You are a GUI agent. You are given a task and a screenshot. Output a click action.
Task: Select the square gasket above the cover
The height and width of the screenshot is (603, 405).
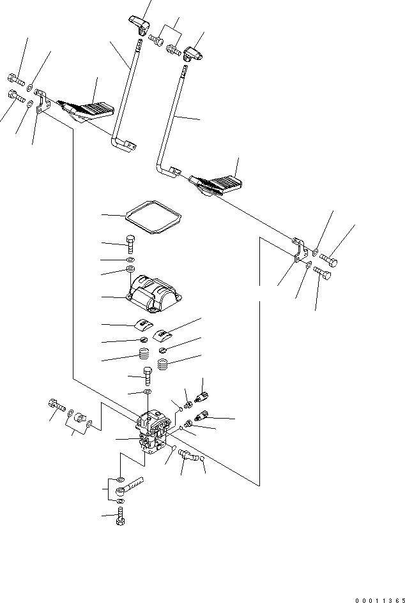point(152,219)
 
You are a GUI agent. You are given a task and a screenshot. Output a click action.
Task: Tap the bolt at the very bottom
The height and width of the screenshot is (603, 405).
point(121,521)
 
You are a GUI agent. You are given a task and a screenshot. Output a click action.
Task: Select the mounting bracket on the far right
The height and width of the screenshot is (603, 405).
point(298,251)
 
